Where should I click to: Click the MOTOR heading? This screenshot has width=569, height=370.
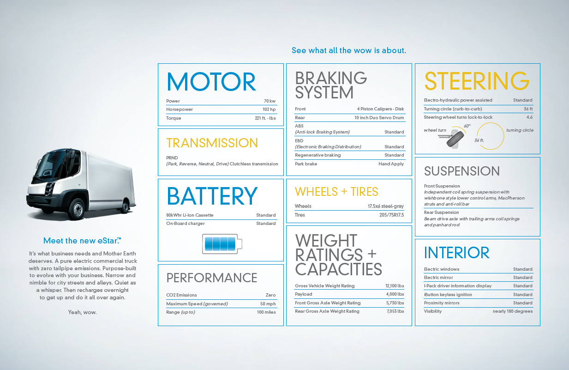pyautogui.click(x=211, y=82)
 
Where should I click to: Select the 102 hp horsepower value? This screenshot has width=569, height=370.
pyautogui.click(x=269, y=109)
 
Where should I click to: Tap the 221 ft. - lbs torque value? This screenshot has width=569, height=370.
pyautogui.click(x=265, y=118)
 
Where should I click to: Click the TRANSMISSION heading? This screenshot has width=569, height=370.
pyautogui.click(x=212, y=143)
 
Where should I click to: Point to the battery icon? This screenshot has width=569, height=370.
pyautogui.click(x=222, y=244)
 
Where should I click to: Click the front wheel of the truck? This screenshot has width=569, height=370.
pyautogui.click(x=77, y=208)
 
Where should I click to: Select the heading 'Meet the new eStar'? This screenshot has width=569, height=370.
pyautogui.click(x=82, y=241)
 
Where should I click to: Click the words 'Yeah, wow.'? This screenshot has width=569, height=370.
pyautogui.click(x=82, y=312)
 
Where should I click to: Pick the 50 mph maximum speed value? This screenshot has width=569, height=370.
pyautogui.click(x=268, y=303)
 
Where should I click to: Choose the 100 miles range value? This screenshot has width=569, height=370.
pyautogui.click(x=266, y=312)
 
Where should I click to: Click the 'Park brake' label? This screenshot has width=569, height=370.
pyautogui.click(x=306, y=164)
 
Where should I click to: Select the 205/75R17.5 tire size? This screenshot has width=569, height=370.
pyautogui.click(x=391, y=215)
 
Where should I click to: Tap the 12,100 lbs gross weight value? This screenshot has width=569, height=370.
pyautogui.click(x=395, y=286)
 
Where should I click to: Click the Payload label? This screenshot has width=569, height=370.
pyautogui.click(x=303, y=294)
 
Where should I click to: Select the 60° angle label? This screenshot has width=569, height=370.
pyautogui.click(x=467, y=126)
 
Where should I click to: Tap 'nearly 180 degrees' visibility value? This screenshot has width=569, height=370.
pyautogui.click(x=513, y=311)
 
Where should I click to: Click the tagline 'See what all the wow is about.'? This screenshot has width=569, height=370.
pyautogui.click(x=349, y=50)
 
